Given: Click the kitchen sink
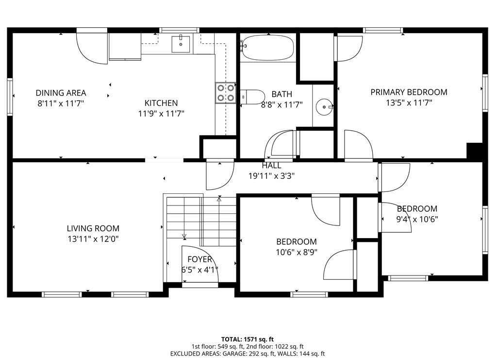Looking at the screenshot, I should [182, 43].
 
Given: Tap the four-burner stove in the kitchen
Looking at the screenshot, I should [225, 93].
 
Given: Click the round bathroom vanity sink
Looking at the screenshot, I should [324, 106].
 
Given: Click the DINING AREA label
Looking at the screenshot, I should [61, 93].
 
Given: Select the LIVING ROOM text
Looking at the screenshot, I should [93, 228].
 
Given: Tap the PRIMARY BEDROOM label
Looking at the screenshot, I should [409, 92].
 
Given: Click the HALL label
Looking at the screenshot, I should [271, 166].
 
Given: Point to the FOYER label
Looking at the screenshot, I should [199, 259].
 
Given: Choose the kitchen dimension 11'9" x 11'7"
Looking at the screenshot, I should [161, 113].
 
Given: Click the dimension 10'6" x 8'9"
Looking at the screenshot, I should [297, 252].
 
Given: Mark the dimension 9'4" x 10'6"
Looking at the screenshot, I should [417, 219].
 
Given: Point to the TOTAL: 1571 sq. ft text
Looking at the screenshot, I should [248, 339].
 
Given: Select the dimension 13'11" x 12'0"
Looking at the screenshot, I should [93, 239].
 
